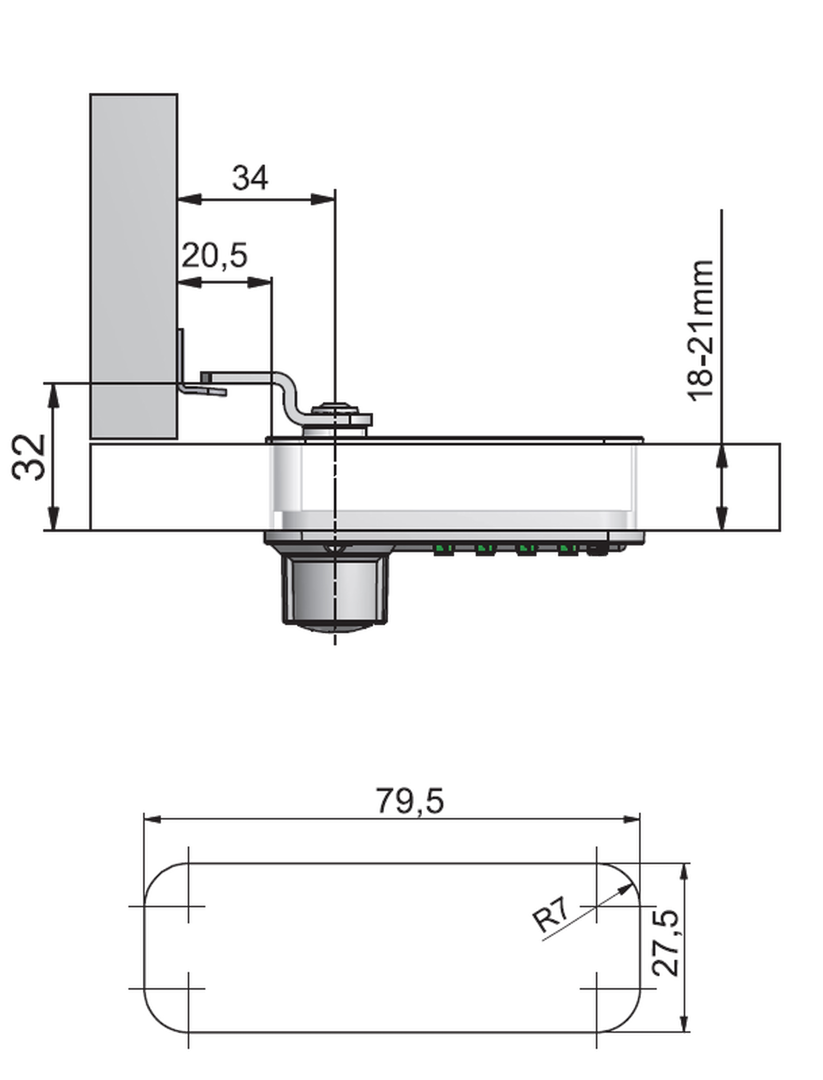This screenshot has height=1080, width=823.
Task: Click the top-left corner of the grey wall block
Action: (x=90, y=94)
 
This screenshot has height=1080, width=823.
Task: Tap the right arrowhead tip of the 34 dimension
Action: (x=335, y=199)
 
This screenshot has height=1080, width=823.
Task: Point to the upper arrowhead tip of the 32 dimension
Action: (x=52, y=384)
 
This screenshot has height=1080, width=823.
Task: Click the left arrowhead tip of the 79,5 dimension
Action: (x=144, y=819)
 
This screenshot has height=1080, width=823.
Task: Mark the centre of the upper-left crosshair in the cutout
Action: (x=188, y=906)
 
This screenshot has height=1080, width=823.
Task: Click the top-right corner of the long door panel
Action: (x=780, y=444)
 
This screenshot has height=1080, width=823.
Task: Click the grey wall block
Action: (x=133, y=266)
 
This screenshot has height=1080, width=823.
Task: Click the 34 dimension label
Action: (x=250, y=178)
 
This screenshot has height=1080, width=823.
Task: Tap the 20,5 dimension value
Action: (x=215, y=255)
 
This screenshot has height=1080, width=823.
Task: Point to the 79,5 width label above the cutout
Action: (x=410, y=801)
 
